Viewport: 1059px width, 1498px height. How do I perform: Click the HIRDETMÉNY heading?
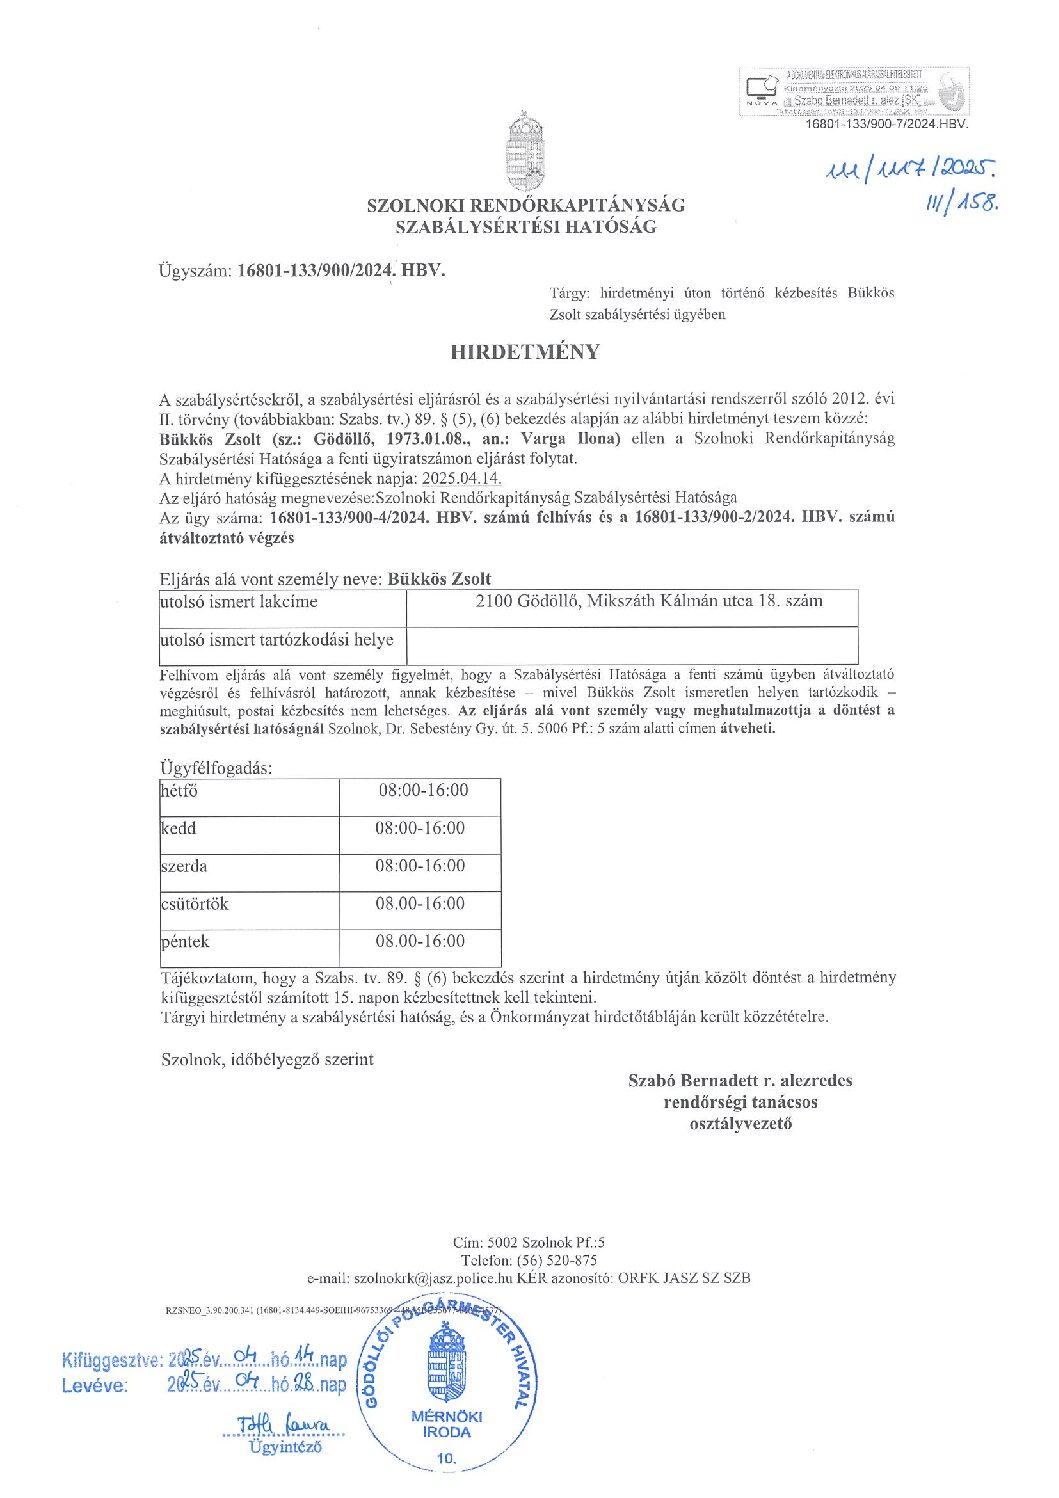[x=525, y=352]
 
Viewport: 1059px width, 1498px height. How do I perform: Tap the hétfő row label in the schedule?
[x=180, y=791]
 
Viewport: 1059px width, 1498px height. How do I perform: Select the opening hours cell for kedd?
[x=420, y=829]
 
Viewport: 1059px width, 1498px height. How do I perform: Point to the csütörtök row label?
[x=195, y=904]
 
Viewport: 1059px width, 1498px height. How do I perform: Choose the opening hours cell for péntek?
[x=420, y=942]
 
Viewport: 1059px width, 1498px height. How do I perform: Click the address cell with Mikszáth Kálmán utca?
[x=649, y=602]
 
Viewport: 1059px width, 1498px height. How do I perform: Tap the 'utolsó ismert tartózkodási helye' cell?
[x=277, y=640]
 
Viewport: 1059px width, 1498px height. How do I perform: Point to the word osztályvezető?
[x=740, y=1123]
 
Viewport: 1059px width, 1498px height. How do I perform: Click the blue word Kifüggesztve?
[x=111, y=1360]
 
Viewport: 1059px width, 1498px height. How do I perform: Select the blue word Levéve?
[x=95, y=1385]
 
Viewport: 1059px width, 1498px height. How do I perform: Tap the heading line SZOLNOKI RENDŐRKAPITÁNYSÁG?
[x=525, y=205]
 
